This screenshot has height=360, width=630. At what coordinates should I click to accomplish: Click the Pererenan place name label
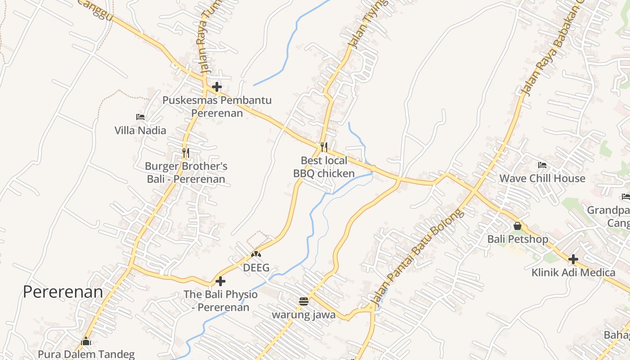pyautogui.click(x=63, y=292)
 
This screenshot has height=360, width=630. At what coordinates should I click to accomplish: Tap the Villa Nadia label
pyautogui.click(x=140, y=130)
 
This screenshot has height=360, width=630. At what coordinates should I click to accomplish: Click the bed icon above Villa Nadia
pyautogui.click(x=140, y=117)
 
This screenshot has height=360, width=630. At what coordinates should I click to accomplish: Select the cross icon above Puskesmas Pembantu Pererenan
pyautogui.click(x=217, y=86)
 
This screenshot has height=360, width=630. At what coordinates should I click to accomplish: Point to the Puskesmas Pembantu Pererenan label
pyautogui.click(x=217, y=107)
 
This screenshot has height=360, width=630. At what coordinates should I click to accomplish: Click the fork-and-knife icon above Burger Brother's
pyautogui.click(x=186, y=153)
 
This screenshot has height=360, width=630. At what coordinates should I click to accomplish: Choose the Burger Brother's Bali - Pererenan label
pyautogui.click(x=186, y=173)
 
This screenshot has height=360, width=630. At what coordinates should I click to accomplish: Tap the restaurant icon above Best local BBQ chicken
pyautogui.click(x=324, y=147)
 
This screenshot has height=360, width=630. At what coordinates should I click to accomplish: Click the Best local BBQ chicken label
pyautogui.click(x=324, y=167)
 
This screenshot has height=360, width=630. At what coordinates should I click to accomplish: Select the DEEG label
pyautogui.click(x=256, y=268)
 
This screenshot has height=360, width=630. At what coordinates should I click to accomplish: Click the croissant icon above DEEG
pyautogui.click(x=256, y=255)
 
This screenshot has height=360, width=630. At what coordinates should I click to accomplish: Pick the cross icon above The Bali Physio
pyautogui.click(x=220, y=281)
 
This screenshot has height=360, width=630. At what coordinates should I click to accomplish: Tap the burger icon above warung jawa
pyautogui.click(x=304, y=301)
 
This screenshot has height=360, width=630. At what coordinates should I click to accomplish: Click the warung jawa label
pyautogui.click(x=304, y=315)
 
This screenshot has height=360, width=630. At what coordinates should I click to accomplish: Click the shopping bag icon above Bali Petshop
pyautogui.click(x=517, y=226)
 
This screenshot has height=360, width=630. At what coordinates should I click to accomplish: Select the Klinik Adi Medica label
pyautogui.click(x=573, y=272)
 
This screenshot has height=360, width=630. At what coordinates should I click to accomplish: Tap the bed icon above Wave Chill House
pyautogui.click(x=542, y=165)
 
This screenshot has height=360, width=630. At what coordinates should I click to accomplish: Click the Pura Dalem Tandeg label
pyautogui.click(x=86, y=354)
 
